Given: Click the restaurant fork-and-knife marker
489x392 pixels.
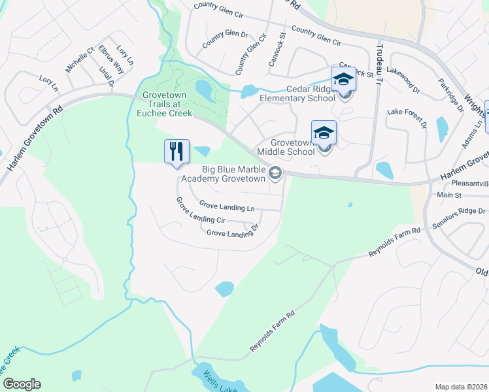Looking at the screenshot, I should (177, 152).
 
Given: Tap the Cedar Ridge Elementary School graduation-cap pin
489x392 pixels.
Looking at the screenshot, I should (343, 80).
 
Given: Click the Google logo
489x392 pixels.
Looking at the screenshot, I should (22, 384).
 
